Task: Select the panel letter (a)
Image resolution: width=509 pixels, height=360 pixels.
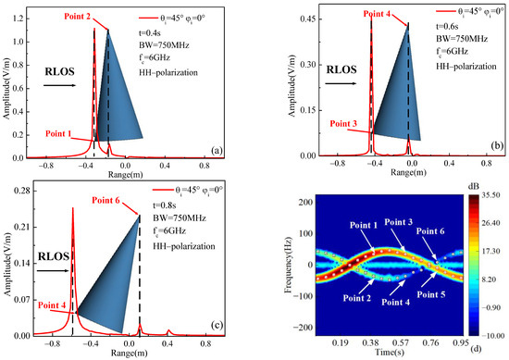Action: (x=238, y=149)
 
